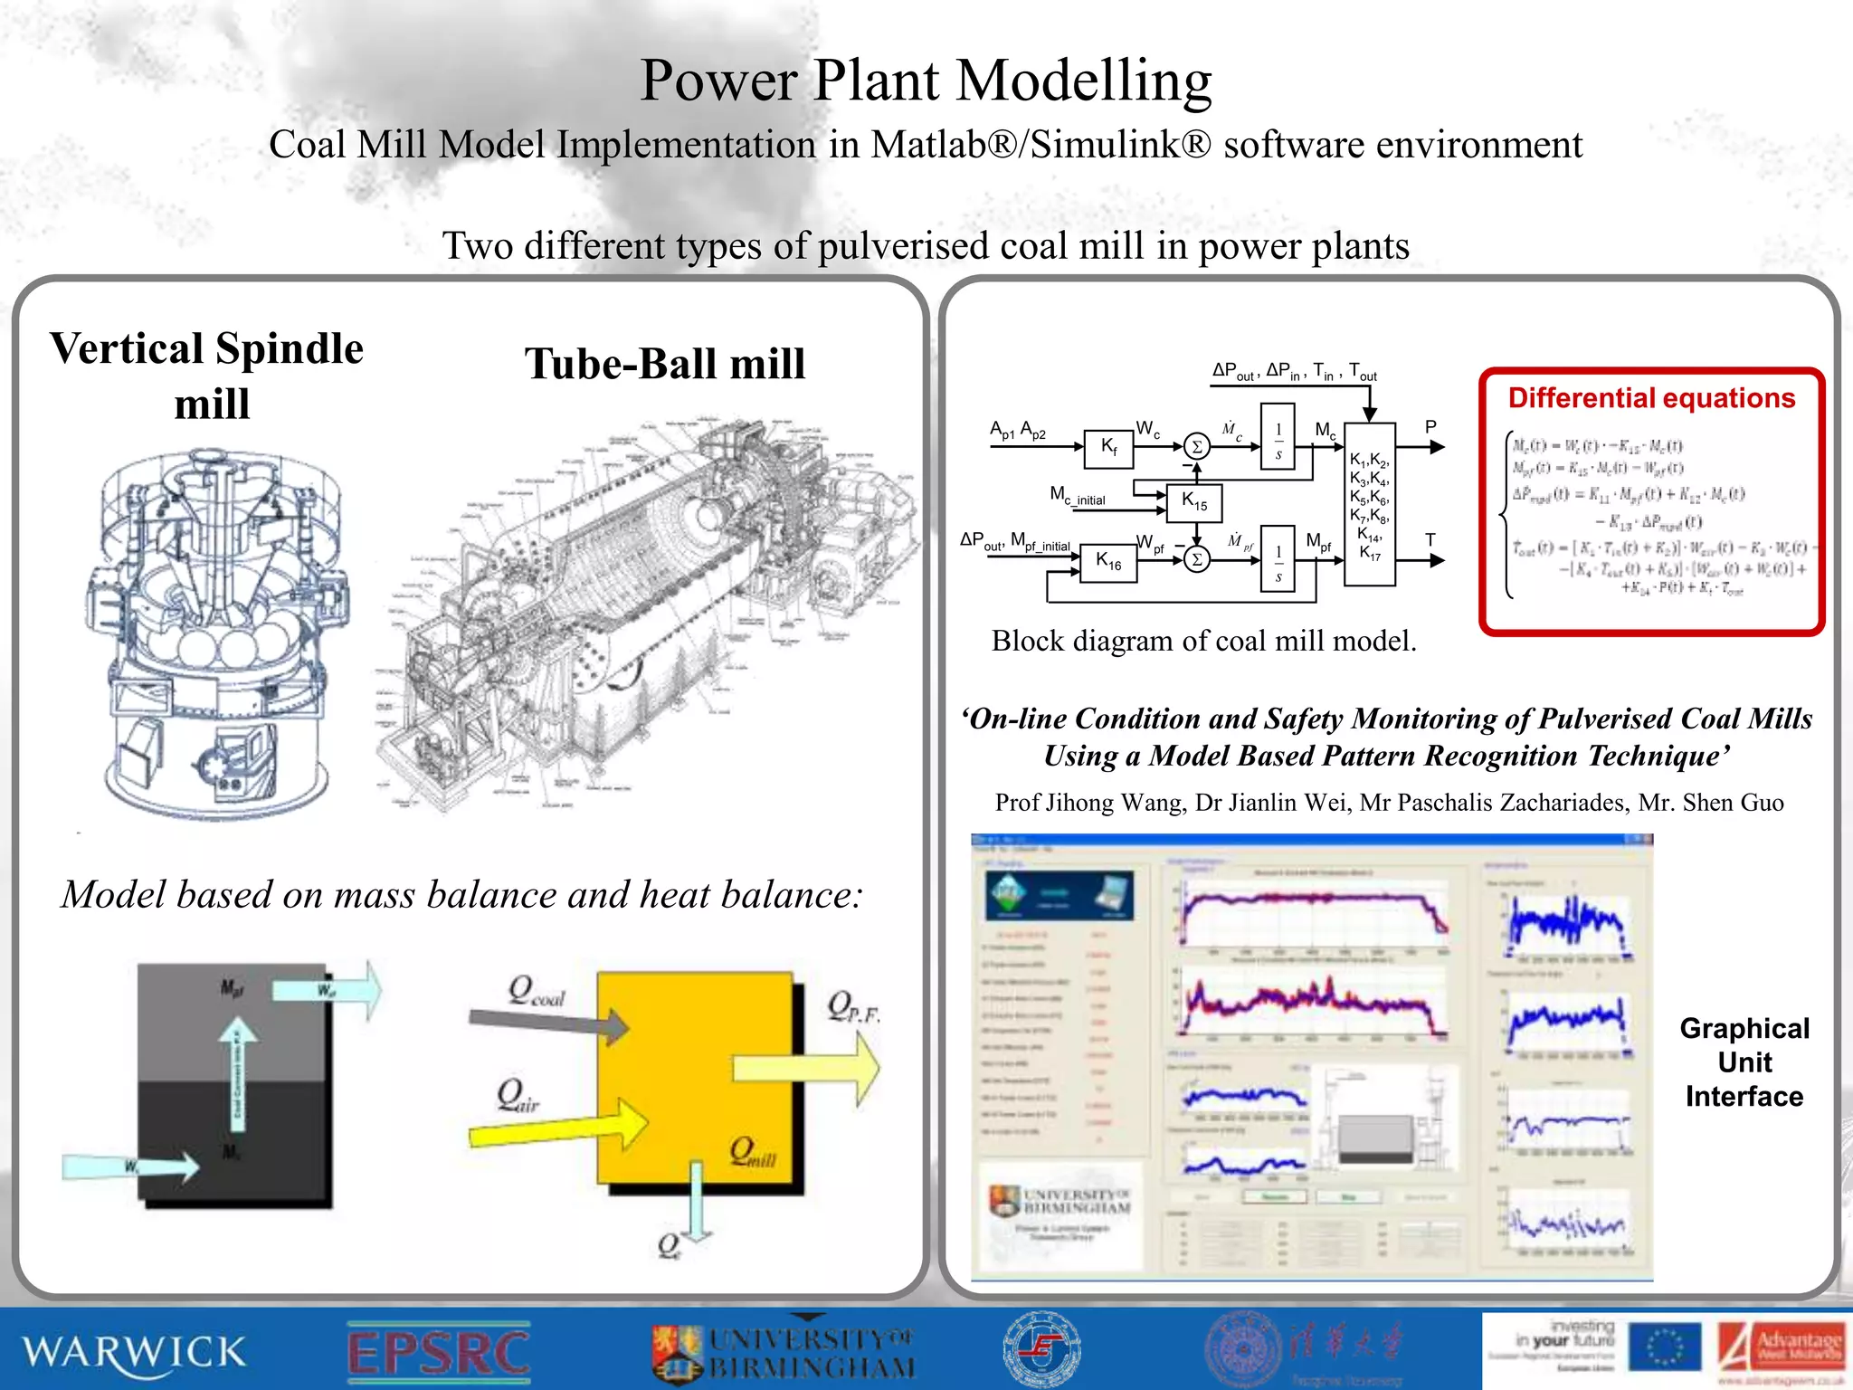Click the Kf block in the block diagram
[x=1109, y=445]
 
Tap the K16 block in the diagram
[x=1108, y=562]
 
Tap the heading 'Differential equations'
[x=1651, y=398]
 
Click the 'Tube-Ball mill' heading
[x=665, y=365]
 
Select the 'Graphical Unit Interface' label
[x=1744, y=1062]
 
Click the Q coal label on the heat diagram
[x=536, y=991]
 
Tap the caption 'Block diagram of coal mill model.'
[x=1203, y=641]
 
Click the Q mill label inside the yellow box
[x=753, y=1152]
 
